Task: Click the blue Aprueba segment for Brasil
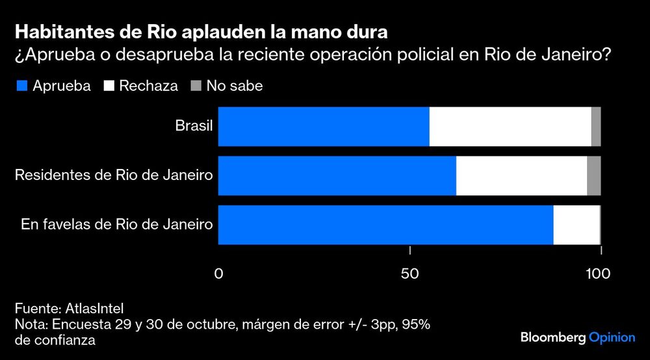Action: [323, 126]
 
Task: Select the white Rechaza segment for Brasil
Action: [510, 126]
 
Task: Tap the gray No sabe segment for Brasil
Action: [596, 126]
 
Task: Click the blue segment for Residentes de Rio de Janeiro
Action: [337, 175]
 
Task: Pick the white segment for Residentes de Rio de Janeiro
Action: [521, 175]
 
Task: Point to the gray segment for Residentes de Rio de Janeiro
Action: [593, 175]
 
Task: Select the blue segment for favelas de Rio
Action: [385, 225]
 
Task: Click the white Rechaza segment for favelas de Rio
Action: [576, 225]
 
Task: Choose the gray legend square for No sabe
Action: [196, 86]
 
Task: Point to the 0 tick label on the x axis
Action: [218, 274]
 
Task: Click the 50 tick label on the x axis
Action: [409, 274]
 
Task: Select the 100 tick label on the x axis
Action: [598, 274]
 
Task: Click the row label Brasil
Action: [194, 125]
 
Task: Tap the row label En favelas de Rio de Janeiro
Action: [117, 225]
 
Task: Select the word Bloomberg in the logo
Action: [552, 338]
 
